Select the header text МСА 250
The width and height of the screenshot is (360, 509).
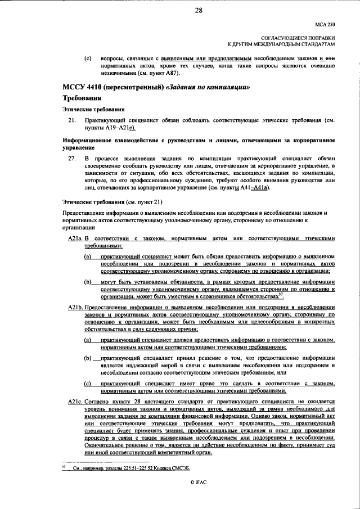click(325, 25)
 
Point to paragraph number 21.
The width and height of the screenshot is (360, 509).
click(72, 121)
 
